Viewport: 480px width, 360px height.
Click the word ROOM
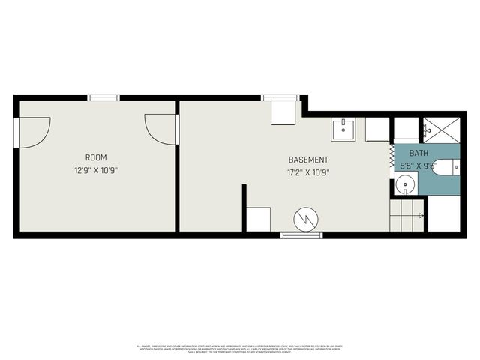click(x=95, y=157)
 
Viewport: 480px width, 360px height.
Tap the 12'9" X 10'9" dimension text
click(x=95, y=170)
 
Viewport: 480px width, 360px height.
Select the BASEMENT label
click(x=308, y=160)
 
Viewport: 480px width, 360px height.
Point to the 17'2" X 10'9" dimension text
click(x=308, y=172)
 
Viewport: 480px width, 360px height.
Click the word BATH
click(x=408, y=152)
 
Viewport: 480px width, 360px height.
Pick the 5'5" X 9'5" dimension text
click(x=417, y=165)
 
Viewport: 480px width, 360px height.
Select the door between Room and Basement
click(x=162, y=129)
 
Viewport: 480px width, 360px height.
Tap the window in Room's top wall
click(x=103, y=97)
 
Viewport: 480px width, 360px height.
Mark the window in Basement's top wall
click(x=280, y=97)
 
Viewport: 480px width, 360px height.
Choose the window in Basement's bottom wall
click(x=301, y=235)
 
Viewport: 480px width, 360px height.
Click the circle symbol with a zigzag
click(x=306, y=219)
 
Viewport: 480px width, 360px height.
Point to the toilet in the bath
click(x=445, y=167)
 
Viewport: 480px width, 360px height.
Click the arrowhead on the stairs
click(x=421, y=216)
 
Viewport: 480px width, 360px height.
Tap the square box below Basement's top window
click(x=283, y=113)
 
